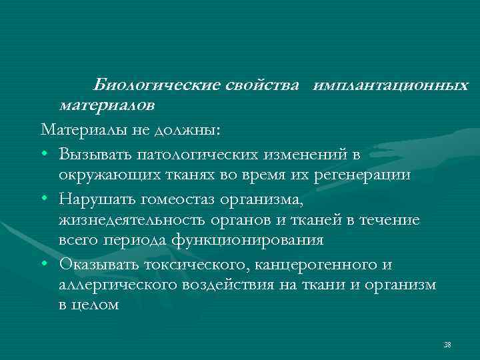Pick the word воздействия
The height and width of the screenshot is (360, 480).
[x=235, y=285]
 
